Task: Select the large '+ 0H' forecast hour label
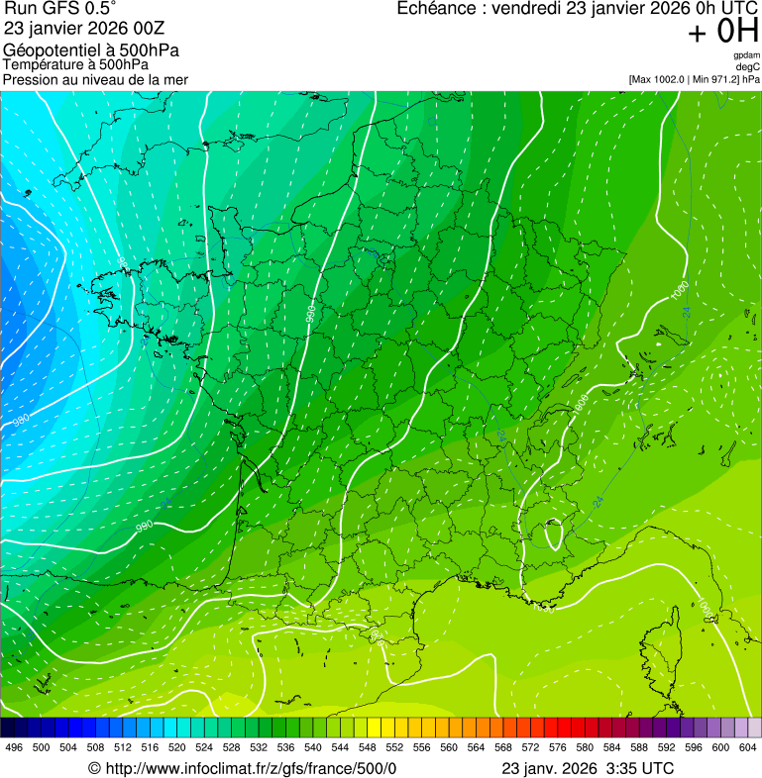(723, 32)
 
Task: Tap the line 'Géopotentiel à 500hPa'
(91, 49)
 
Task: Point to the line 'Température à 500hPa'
(75, 64)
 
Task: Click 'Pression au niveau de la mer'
(95, 79)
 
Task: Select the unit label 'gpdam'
(746, 55)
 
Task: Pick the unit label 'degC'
(748, 66)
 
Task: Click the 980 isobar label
(21, 421)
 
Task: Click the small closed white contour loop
(553, 535)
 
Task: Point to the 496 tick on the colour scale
(14, 747)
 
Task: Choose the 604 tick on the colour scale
(748, 747)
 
